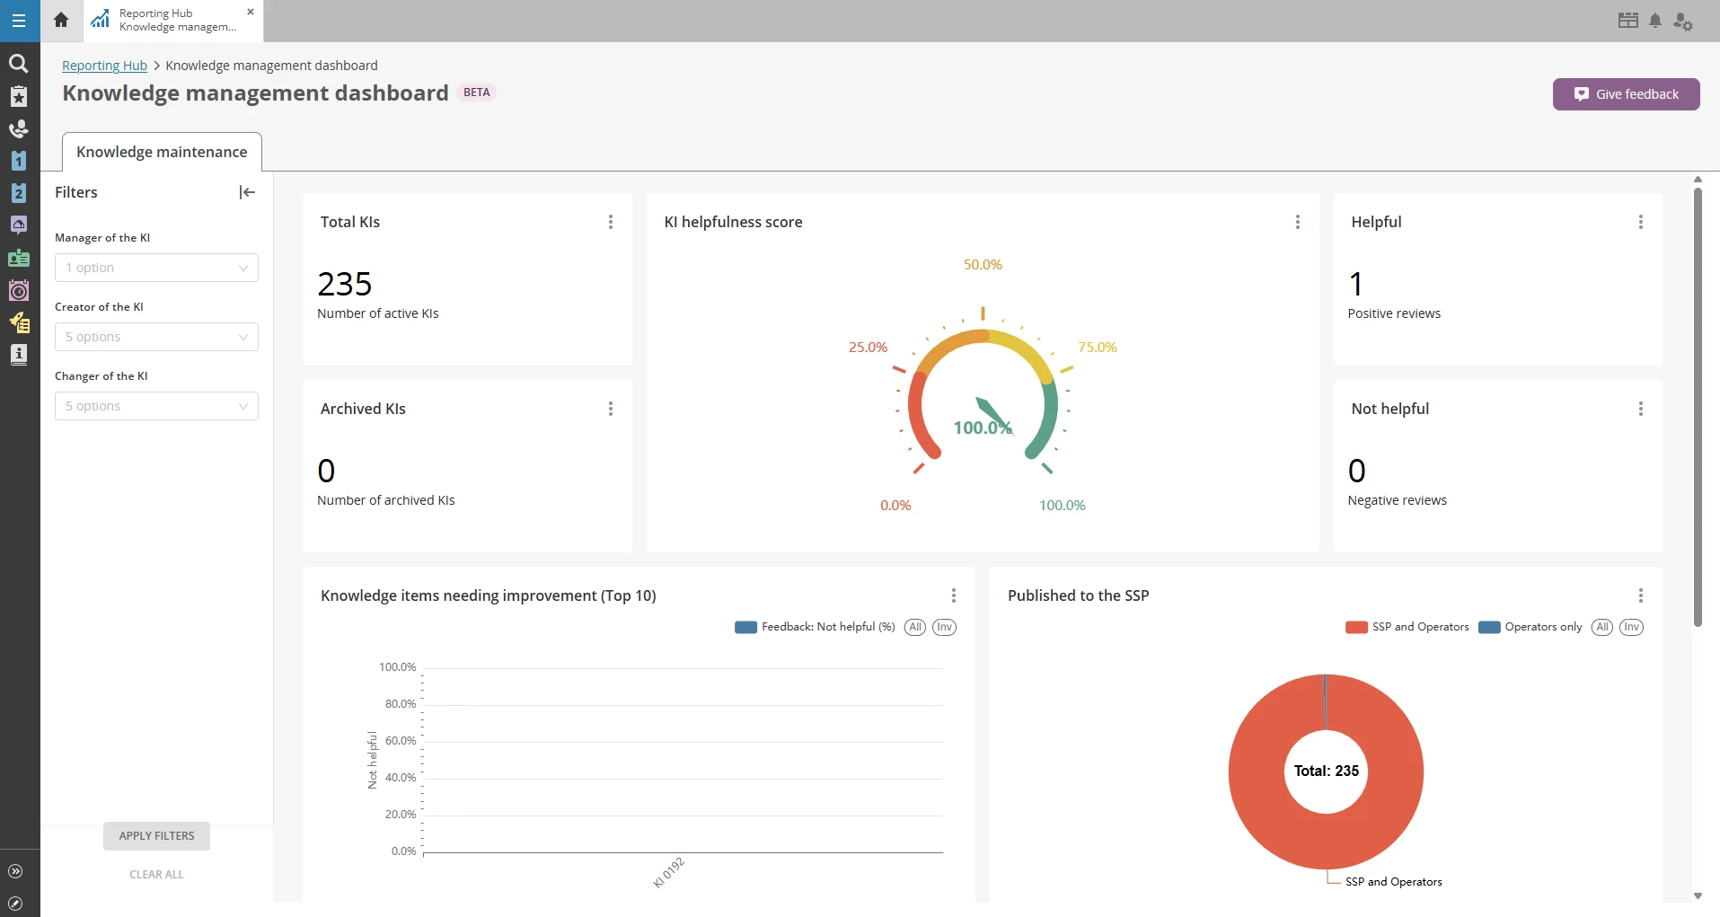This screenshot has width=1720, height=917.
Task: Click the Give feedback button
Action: click(x=1626, y=94)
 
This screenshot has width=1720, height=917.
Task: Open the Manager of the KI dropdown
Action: click(x=156, y=268)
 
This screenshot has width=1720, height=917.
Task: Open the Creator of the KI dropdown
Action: click(x=156, y=337)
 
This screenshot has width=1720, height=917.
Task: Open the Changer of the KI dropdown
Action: click(x=156, y=406)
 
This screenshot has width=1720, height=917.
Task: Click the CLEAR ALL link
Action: click(x=156, y=874)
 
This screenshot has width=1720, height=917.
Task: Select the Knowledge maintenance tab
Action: click(x=162, y=152)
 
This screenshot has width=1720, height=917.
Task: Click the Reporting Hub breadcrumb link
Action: click(x=104, y=66)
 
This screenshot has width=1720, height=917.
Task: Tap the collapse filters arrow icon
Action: click(x=247, y=192)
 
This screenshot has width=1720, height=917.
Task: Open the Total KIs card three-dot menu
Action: click(x=611, y=222)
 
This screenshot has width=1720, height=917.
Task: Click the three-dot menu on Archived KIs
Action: click(x=611, y=409)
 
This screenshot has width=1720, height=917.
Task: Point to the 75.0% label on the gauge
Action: click(x=1097, y=348)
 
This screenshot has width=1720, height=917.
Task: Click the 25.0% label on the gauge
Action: click(x=868, y=348)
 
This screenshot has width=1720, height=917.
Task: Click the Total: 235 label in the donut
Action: click(x=1326, y=771)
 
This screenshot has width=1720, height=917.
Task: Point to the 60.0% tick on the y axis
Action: click(x=401, y=741)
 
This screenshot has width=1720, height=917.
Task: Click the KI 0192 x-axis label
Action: click(x=668, y=872)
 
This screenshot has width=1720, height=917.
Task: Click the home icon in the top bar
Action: click(x=61, y=20)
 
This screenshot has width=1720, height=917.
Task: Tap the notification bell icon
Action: click(x=1655, y=21)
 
